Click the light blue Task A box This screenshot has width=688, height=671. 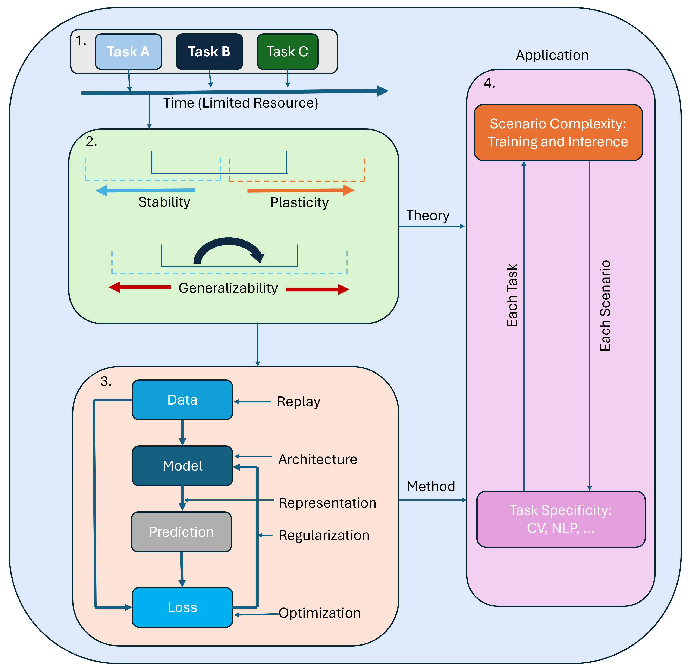pyautogui.click(x=128, y=52)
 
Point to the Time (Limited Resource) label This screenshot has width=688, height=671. pyautogui.click(x=240, y=103)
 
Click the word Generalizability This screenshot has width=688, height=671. pyautogui.click(x=228, y=288)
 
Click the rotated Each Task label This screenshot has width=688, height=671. pyautogui.click(x=512, y=295)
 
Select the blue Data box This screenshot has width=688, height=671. pyautogui.click(x=182, y=400)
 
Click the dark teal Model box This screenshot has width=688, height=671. pyautogui.click(x=182, y=466)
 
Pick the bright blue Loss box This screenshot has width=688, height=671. pyautogui.click(x=182, y=607)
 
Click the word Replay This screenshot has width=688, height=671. pyautogui.click(x=298, y=401)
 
